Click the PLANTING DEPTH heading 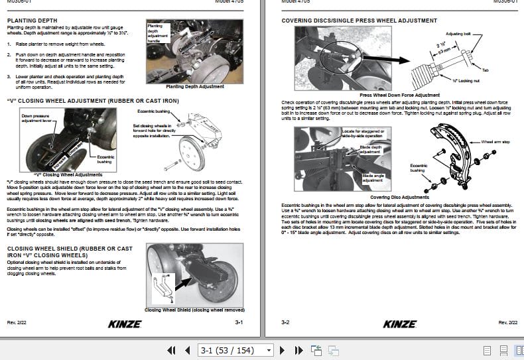[x=31, y=21]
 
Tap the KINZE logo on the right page [x=400, y=324]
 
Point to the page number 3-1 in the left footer [x=239, y=323]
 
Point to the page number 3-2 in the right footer [x=285, y=323]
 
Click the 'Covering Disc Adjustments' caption [x=399, y=197]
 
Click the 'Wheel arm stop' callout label [x=495, y=142]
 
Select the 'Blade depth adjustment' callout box [x=371, y=149]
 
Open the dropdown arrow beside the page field [x=269, y=349]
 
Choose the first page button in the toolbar [x=171, y=349]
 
